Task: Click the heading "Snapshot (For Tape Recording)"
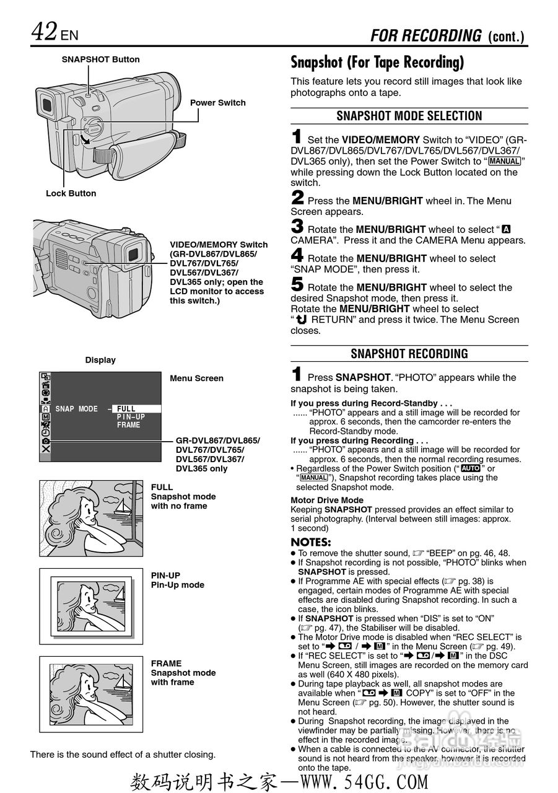point(377,63)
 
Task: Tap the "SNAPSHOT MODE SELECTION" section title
point(409,116)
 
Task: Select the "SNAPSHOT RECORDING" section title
point(409,354)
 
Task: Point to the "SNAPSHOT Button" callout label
point(100,59)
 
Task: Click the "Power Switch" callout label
point(217,103)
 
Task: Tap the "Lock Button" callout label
point(71,193)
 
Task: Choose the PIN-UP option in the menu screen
point(131,417)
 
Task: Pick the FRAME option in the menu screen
point(129,425)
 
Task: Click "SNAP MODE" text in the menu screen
point(76,409)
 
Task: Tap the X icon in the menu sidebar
point(46,449)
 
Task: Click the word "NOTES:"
point(311,542)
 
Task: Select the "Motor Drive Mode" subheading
point(327,500)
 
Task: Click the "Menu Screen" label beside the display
point(196,379)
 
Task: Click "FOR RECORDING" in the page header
point(425,36)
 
